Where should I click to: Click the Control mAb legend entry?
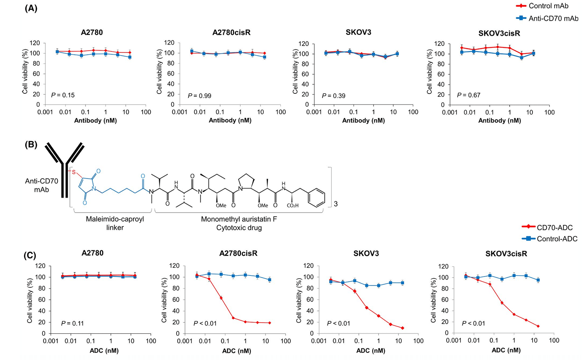click(x=548, y=6)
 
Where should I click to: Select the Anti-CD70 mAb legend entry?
click(x=553, y=18)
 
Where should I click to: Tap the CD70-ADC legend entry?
click(x=554, y=227)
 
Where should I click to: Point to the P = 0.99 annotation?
click(x=199, y=96)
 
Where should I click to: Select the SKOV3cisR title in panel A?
click(x=499, y=33)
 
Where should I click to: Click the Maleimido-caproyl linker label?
click(x=115, y=223)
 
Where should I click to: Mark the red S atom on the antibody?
click(x=74, y=172)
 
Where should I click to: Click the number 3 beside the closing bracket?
click(x=336, y=204)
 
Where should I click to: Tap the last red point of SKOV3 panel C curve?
click(x=403, y=328)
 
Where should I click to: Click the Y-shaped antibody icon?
click(x=64, y=170)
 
